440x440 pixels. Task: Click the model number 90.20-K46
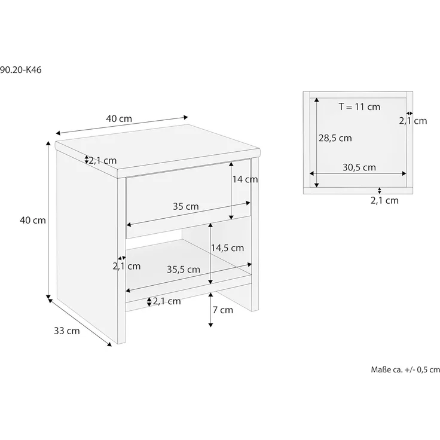point(20,70)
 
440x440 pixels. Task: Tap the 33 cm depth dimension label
point(67,331)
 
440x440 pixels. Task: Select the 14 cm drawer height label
point(245,179)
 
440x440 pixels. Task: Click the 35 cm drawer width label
point(186,206)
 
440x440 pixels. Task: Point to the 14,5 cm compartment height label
point(227,248)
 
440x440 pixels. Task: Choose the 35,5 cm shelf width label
point(184,270)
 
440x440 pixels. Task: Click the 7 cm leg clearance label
point(223,310)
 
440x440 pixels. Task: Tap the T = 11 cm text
point(359,107)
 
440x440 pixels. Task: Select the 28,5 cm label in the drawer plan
point(335,138)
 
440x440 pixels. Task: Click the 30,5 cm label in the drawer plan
point(359,167)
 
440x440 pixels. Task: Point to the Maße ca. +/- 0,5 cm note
point(405,369)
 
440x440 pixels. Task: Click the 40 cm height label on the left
point(33,220)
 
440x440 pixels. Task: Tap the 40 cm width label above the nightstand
point(119,119)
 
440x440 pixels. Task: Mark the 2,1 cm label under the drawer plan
point(384,201)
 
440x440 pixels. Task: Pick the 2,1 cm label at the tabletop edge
point(103,160)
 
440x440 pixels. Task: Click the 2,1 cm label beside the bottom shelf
point(167,301)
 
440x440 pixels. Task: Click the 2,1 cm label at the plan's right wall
point(413,121)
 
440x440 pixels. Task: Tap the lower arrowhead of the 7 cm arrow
point(210,325)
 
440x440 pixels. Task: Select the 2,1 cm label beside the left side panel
point(127,266)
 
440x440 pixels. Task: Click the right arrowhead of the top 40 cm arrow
point(185,117)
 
